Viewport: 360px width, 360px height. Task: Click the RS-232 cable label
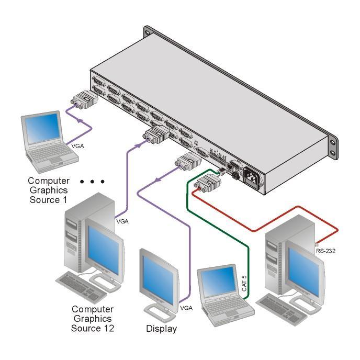[325, 252]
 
